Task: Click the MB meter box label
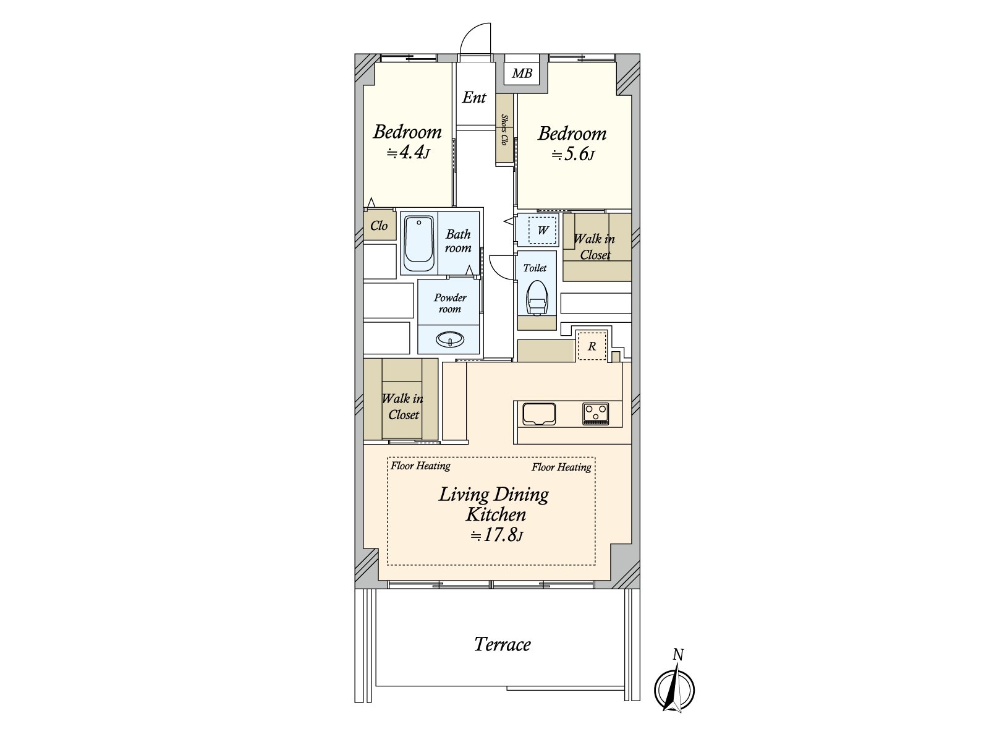point(522,73)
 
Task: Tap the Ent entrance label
point(474,97)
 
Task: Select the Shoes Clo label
point(504,130)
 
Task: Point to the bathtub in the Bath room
point(418,243)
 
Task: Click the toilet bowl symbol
point(536,298)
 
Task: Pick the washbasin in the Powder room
point(449,339)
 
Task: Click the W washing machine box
point(543,230)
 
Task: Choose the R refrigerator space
point(592,346)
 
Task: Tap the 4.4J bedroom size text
point(408,153)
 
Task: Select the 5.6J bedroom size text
point(573,155)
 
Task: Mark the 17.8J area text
point(496,535)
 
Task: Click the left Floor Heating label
point(420,466)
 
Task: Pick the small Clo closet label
point(379,225)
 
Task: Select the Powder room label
point(449,303)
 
